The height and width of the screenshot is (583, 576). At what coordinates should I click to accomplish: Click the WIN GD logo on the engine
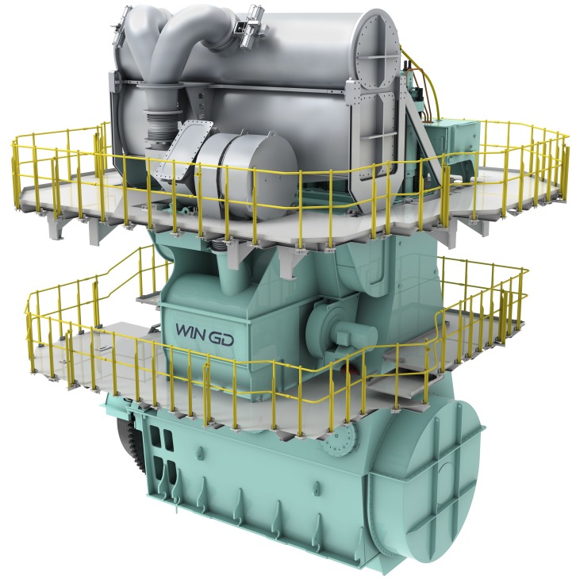click(205, 335)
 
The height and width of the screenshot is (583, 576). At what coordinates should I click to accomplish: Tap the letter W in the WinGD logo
click(183, 330)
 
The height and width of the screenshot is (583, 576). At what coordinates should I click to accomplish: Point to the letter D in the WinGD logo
click(226, 340)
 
